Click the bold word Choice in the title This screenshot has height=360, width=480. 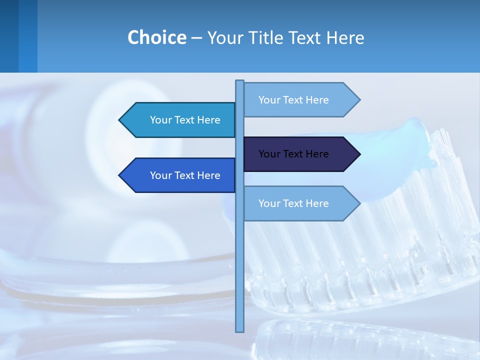156,37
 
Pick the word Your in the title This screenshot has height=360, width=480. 224,37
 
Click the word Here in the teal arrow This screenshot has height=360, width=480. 209,120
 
